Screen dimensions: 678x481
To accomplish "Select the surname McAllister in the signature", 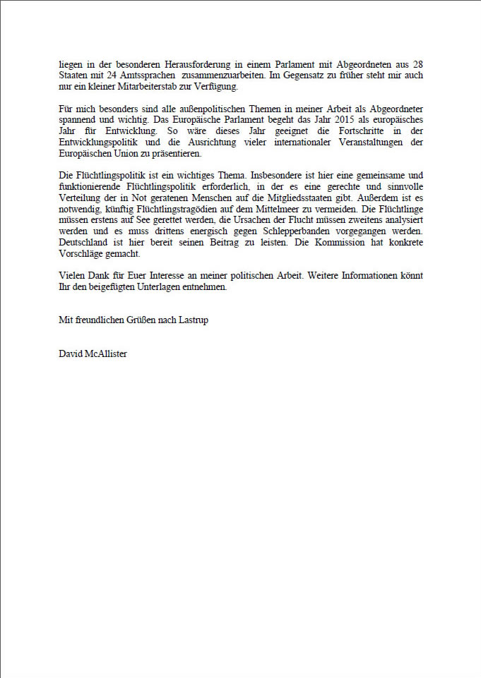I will pyautogui.click(x=106, y=354).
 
